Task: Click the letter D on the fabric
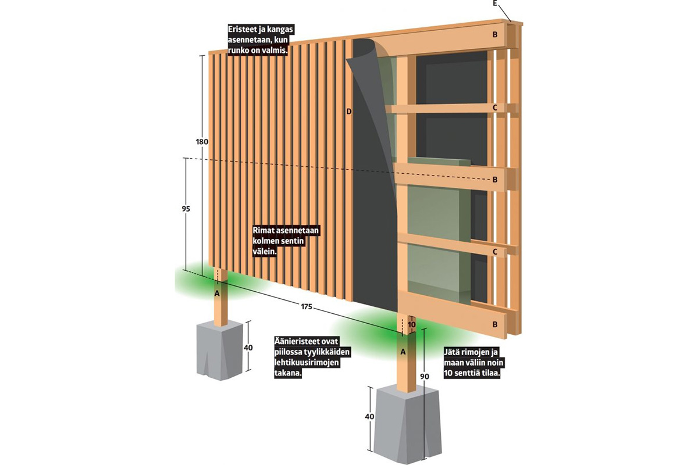pyautogui.click(x=349, y=111)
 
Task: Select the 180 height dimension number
pyautogui.click(x=202, y=142)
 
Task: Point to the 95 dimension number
pyautogui.click(x=186, y=209)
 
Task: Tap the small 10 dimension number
pyautogui.click(x=412, y=324)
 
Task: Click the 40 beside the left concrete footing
pyautogui.click(x=248, y=348)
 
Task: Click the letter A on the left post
pyautogui.click(x=217, y=294)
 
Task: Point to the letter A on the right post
pyautogui.click(x=403, y=351)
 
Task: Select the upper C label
pyautogui.click(x=495, y=107)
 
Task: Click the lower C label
pyautogui.click(x=495, y=252)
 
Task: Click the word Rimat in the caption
pyautogui.click(x=263, y=231)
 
